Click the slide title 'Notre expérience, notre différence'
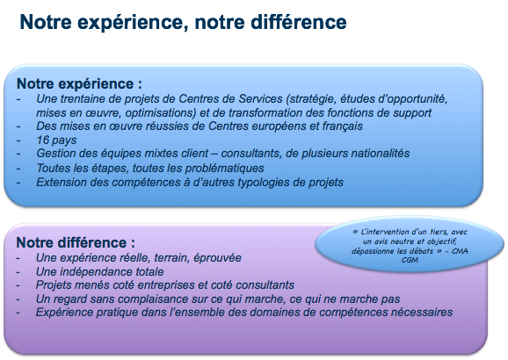click(x=183, y=22)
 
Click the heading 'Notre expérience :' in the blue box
click(x=79, y=83)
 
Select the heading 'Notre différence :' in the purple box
click(x=76, y=242)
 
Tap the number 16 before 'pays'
click(x=42, y=140)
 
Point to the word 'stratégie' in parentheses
click(x=311, y=98)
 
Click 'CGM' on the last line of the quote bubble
click(x=410, y=260)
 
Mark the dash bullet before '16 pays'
click(x=18, y=140)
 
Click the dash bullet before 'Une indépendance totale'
click(x=18, y=272)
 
